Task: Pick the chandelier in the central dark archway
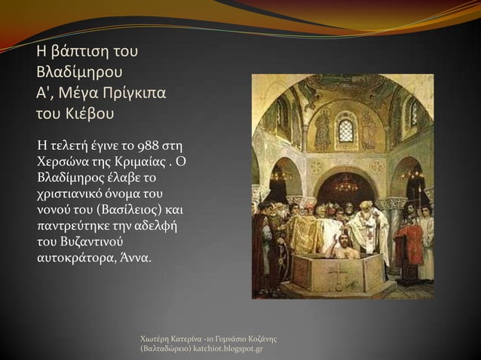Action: coord(346,184)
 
